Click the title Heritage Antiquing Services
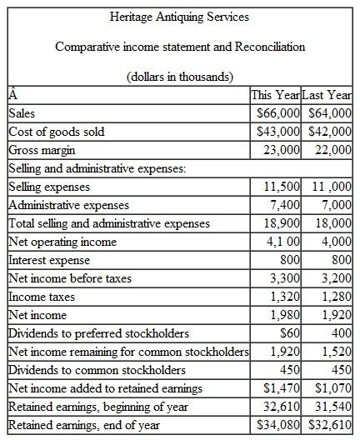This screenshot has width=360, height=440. (179, 16)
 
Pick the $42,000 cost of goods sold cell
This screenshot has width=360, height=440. (330, 131)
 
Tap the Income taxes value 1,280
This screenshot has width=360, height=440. (335, 297)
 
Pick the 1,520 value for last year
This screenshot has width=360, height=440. (335, 352)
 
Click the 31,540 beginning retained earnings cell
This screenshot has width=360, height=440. (332, 406)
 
